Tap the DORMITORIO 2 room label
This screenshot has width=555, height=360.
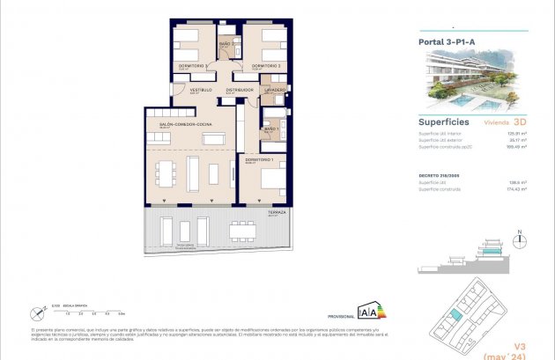click(266, 66)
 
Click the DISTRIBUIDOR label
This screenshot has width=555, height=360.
click(240, 90)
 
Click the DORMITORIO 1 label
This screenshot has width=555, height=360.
click(260, 159)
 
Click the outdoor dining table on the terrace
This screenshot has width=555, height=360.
click(242, 231)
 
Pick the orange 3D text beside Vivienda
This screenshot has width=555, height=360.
click(520, 122)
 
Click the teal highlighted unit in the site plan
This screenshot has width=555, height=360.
click(455, 316)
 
